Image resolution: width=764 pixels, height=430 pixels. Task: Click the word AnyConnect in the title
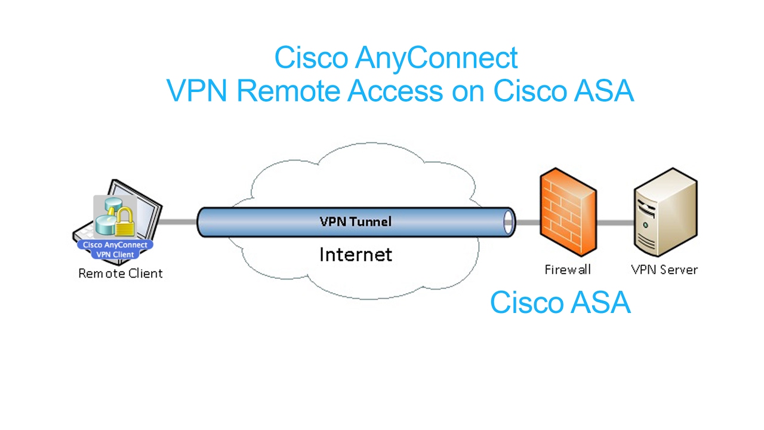(x=436, y=59)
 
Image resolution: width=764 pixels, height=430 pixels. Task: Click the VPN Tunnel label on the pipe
(x=356, y=222)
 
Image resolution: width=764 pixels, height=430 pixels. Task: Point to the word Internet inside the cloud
(x=356, y=255)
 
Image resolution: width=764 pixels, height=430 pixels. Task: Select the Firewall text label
(x=567, y=270)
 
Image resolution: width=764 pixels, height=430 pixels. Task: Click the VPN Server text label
(x=664, y=270)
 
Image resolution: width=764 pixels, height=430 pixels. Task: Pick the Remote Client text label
(x=121, y=274)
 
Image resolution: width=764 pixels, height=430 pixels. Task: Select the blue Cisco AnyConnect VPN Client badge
(x=115, y=250)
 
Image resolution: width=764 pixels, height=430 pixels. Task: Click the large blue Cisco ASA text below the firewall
(x=560, y=303)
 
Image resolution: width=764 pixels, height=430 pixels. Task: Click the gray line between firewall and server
(x=615, y=223)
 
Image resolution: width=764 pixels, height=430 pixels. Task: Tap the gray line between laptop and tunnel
(x=178, y=222)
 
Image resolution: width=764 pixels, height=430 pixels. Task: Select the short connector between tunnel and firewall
(x=528, y=223)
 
